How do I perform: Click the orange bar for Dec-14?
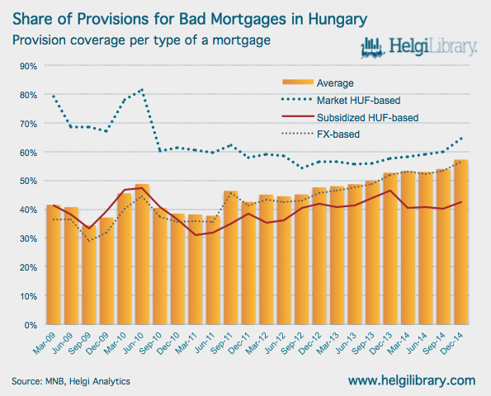point(461,242)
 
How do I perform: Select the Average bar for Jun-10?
point(142,254)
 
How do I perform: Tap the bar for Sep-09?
point(89,275)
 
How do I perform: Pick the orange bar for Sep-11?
point(231,257)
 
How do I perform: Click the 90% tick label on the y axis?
point(29,66)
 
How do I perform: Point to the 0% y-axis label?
point(31,325)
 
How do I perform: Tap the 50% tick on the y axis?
point(29,181)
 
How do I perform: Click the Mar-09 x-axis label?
point(45,342)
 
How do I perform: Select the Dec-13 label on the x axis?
point(381,342)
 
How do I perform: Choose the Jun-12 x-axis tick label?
point(275,342)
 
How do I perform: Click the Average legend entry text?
point(335,83)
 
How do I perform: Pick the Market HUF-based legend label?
point(358,101)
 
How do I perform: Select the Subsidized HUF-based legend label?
point(367,118)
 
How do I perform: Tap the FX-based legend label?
point(338,134)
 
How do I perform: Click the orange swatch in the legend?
point(298,82)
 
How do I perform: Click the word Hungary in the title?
point(338,20)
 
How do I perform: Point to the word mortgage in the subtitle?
point(242,40)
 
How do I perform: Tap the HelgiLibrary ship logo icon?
point(373,48)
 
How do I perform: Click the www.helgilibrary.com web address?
point(412,380)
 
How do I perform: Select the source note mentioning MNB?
point(71,381)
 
